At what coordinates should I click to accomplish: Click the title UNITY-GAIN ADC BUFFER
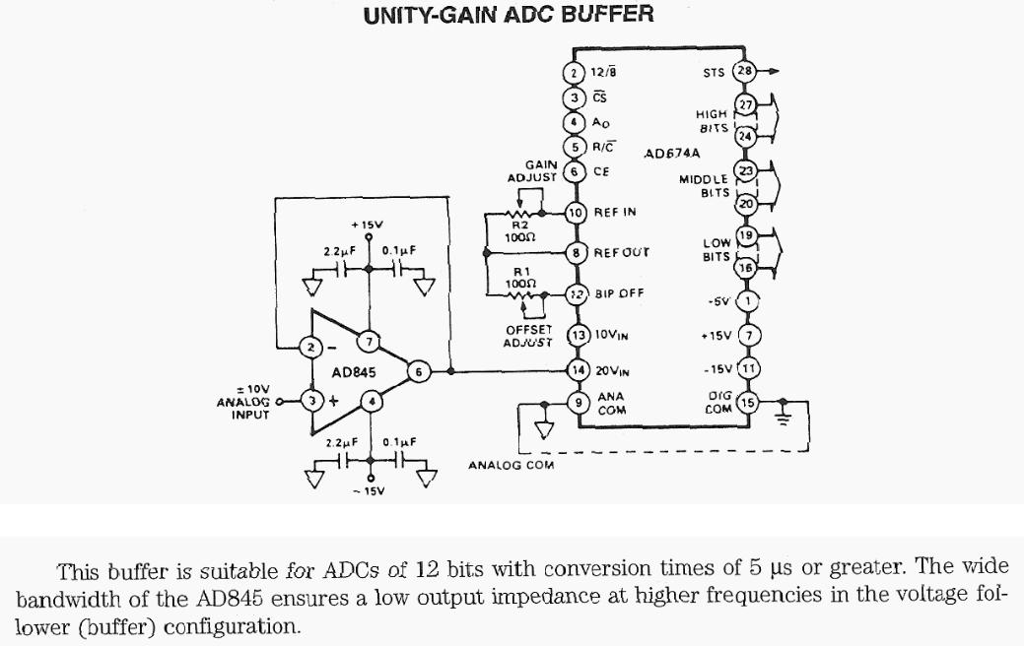(509, 15)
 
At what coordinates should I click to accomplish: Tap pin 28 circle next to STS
(746, 71)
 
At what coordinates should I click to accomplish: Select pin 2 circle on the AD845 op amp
(309, 347)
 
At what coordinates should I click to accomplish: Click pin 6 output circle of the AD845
(419, 372)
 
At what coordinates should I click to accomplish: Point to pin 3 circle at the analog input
(312, 400)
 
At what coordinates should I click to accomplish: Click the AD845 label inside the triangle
(354, 374)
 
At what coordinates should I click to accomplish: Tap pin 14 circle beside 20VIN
(578, 369)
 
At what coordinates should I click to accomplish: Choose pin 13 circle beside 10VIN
(578, 336)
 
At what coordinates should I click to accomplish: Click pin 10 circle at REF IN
(577, 213)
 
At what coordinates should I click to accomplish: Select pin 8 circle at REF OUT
(577, 252)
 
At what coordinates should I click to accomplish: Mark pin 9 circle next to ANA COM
(578, 401)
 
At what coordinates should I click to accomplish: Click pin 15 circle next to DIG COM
(748, 402)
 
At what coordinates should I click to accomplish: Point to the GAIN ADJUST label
(533, 171)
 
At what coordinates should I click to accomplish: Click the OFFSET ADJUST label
(528, 335)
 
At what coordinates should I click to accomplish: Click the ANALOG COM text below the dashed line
(511, 465)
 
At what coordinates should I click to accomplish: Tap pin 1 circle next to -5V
(748, 301)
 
